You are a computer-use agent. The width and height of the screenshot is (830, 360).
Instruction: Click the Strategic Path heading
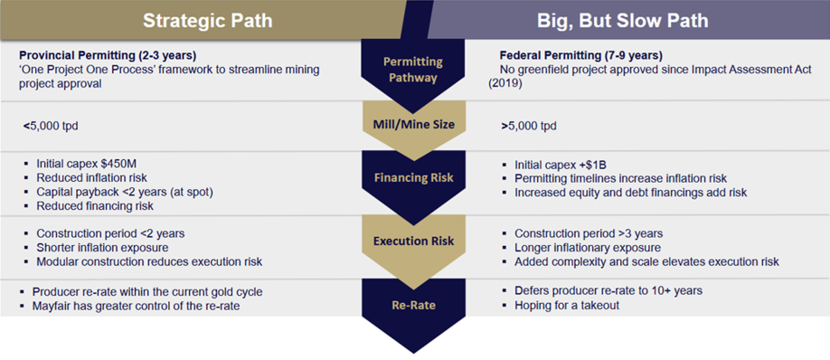[x=208, y=21]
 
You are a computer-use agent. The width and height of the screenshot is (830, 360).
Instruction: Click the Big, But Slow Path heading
[x=622, y=21]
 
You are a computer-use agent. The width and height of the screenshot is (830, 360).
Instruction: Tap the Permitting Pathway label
[x=414, y=70]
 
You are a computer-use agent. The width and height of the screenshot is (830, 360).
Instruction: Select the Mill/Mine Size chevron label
[x=414, y=126]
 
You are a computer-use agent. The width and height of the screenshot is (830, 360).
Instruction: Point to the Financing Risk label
[x=414, y=178]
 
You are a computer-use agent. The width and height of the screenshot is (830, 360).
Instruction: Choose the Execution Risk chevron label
[x=414, y=242]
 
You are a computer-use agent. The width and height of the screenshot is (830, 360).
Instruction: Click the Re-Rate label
[x=414, y=305]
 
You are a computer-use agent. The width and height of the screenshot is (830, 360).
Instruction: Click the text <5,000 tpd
[x=51, y=127]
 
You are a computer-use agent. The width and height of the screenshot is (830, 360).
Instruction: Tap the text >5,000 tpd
[x=529, y=127]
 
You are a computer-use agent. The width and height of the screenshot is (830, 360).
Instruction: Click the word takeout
[x=600, y=306]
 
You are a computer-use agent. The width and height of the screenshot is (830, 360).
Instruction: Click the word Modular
[x=55, y=261]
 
